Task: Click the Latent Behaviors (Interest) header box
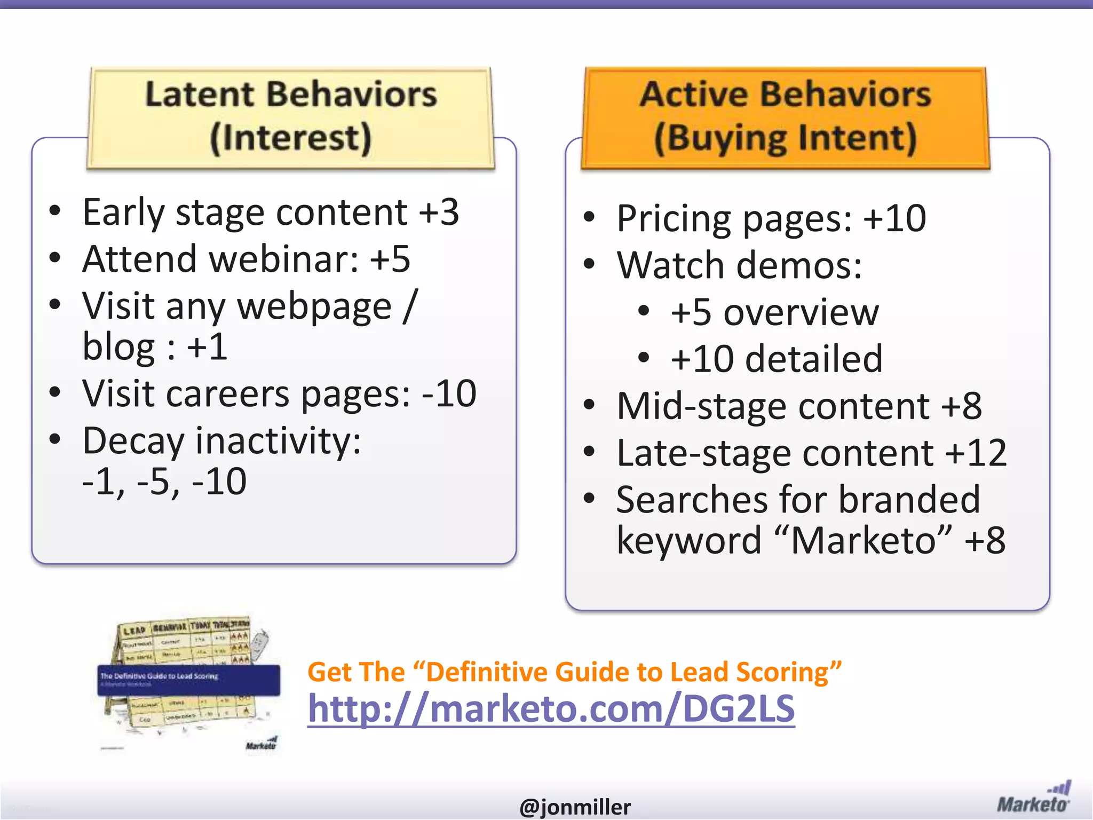coord(291,117)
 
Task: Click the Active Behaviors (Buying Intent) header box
coord(785,117)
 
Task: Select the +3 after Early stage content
coord(439,212)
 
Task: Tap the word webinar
coord(283,259)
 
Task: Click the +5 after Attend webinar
coord(390,259)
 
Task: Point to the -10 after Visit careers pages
coord(449,394)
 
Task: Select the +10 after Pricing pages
coord(894,219)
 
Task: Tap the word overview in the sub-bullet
coord(801,313)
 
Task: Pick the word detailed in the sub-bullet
coord(813,359)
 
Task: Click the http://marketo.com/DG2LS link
coord(551,709)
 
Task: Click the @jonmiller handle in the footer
coord(575,807)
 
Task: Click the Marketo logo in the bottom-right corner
coord(1033,798)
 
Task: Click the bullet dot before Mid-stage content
coord(589,406)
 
